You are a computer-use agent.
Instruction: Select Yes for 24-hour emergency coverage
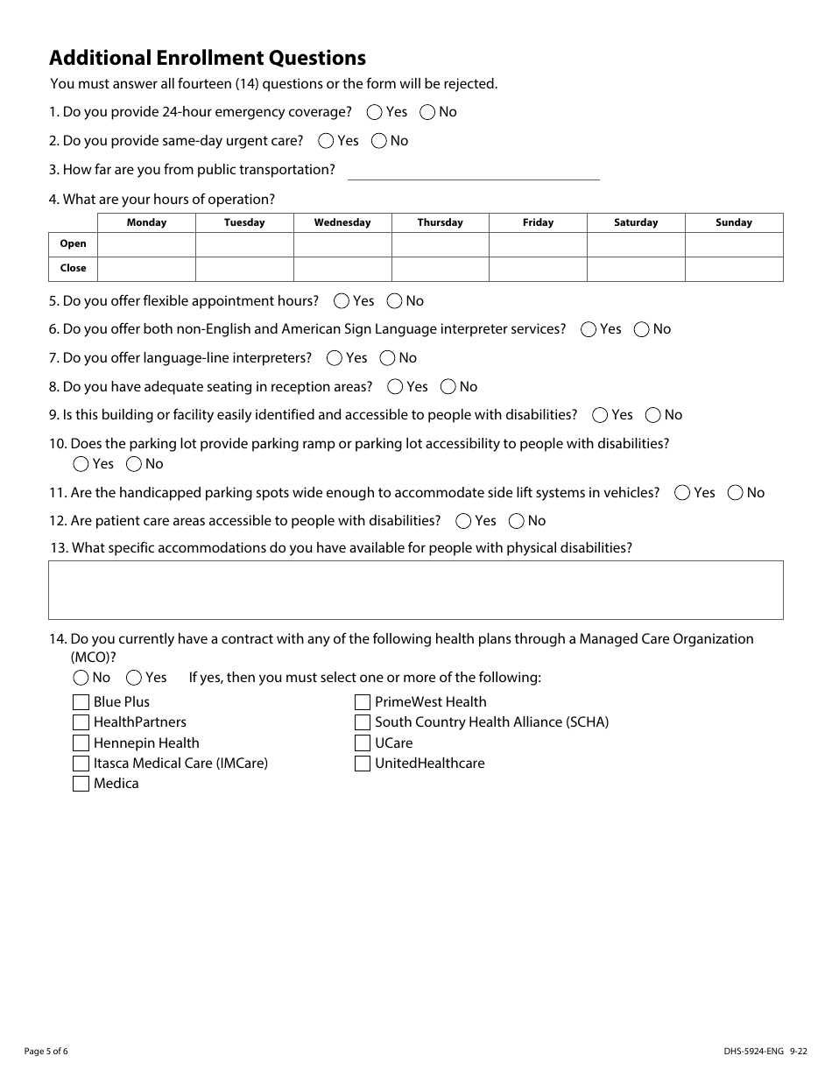[x=375, y=112]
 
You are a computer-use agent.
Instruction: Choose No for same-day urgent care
[x=379, y=141]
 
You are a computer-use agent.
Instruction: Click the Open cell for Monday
[x=146, y=244]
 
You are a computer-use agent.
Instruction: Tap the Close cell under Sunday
[x=733, y=269]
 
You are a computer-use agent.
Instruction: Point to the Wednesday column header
[x=342, y=222]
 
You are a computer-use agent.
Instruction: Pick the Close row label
[x=73, y=269]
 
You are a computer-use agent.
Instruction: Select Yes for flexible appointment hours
[x=342, y=301]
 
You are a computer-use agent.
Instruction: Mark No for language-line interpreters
[x=387, y=358]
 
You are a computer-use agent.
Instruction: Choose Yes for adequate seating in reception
[x=395, y=387]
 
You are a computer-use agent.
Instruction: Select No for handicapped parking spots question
[x=736, y=493]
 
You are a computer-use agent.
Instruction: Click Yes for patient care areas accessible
[x=464, y=521]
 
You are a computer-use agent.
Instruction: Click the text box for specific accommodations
[x=415, y=590]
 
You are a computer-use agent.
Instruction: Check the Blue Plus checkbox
[x=81, y=702]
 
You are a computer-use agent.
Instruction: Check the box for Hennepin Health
[x=81, y=743]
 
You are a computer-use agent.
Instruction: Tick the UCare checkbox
[x=363, y=743]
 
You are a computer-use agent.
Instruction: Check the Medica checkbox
[x=81, y=784]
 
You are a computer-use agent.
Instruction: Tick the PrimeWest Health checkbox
[x=363, y=702]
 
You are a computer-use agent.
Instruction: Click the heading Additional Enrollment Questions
[x=208, y=58]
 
